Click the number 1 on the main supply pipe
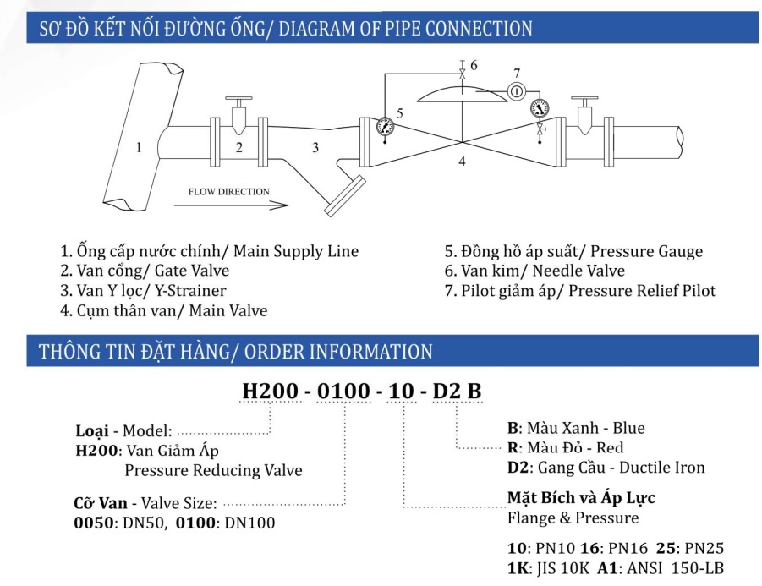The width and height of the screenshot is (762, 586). click(139, 147)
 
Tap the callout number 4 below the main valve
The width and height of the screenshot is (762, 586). click(463, 160)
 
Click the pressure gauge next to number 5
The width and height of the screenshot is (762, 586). click(385, 126)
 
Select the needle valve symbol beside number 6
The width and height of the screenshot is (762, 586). click(461, 74)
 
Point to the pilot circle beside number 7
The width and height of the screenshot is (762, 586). click(518, 90)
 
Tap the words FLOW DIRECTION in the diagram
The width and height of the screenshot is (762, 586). click(228, 191)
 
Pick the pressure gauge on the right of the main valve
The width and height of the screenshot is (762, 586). click(539, 108)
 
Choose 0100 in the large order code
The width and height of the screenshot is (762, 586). click(346, 392)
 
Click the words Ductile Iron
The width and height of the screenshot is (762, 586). click(662, 467)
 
